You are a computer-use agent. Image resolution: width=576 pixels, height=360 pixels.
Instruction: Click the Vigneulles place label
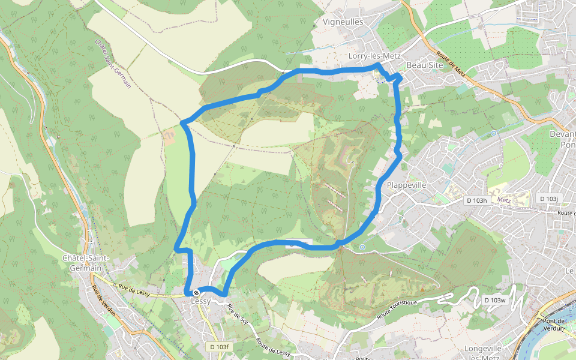[343, 22]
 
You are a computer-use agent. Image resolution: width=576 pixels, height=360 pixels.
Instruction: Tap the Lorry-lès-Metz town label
[374, 56]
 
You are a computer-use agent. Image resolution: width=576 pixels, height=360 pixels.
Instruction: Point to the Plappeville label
[407, 185]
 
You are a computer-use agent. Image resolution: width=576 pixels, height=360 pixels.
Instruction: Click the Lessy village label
[200, 301]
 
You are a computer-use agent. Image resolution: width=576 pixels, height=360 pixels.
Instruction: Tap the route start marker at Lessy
[196, 293]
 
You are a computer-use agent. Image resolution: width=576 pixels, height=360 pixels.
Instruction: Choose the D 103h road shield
[476, 200]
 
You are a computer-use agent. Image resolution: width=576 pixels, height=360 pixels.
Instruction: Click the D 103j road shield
[548, 199]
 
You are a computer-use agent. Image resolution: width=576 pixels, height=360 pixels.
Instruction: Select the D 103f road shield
[220, 347]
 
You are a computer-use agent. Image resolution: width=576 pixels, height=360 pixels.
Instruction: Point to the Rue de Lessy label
[134, 290]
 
